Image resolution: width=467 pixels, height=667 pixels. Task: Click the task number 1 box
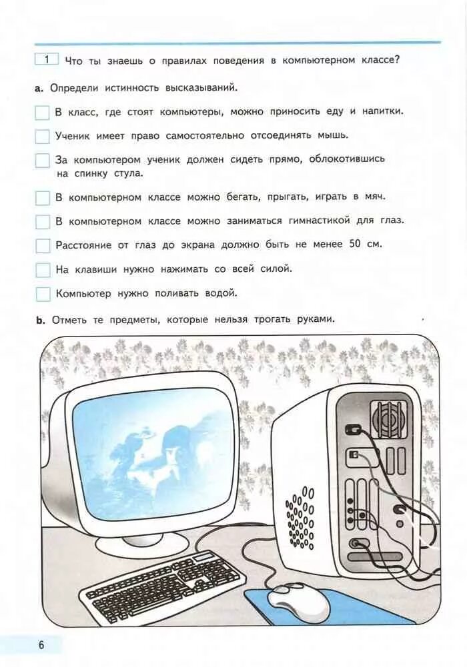coord(47,59)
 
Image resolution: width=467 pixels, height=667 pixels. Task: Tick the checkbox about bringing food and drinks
coord(43,112)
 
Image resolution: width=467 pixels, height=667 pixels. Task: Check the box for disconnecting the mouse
coord(43,136)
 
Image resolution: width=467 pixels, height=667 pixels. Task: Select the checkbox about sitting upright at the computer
coord(43,160)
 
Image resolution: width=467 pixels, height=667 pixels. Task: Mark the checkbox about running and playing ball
coord(43,197)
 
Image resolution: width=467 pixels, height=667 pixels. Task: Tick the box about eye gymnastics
coord(43,221)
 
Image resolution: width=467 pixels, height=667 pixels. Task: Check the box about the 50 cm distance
coord(43,245)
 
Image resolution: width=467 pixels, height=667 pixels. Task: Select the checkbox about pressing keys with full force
coord(43,269)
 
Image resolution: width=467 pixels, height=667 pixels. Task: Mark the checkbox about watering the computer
coord(43,293)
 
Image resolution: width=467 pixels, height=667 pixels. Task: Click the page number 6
coord(41,645)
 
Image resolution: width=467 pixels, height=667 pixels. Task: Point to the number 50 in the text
coord(354,244)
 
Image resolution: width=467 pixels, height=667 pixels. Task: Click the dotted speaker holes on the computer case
coord(300,516)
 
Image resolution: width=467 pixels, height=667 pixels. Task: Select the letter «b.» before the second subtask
coord(40,320)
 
